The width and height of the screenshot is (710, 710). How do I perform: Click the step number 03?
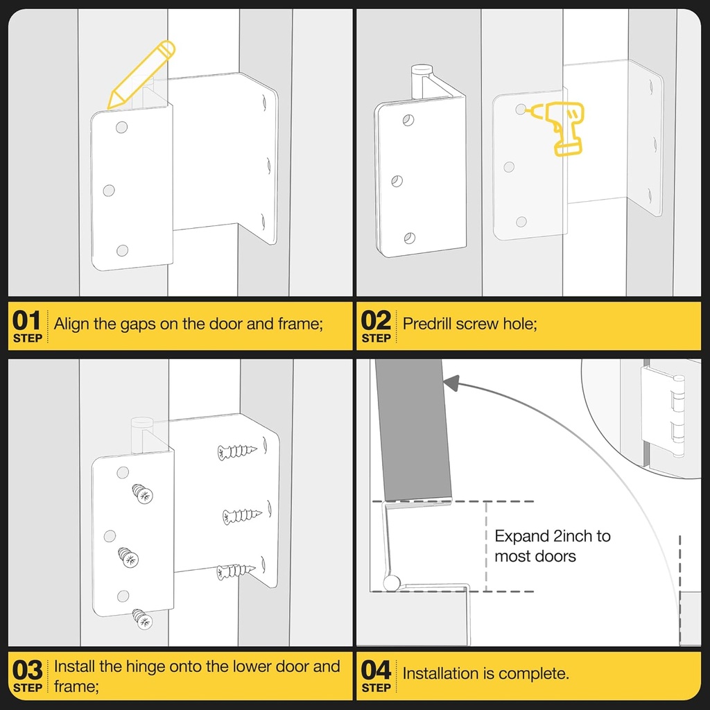(27, 670)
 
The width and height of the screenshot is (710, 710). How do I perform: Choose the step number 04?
(376, 670)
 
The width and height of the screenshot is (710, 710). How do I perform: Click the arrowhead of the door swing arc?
(451, 383)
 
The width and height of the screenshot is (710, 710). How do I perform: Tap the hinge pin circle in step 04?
(391, 583)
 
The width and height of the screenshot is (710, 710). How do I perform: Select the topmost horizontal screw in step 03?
(237, 451)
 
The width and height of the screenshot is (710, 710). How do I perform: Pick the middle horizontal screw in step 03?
(242, 516)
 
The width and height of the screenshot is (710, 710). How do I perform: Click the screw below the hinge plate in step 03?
(143, 619)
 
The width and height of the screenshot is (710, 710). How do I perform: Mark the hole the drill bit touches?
(521, 109)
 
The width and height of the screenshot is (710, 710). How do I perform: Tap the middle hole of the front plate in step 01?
(109, 190)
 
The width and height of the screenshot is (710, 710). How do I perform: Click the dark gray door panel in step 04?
(413, 430)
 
